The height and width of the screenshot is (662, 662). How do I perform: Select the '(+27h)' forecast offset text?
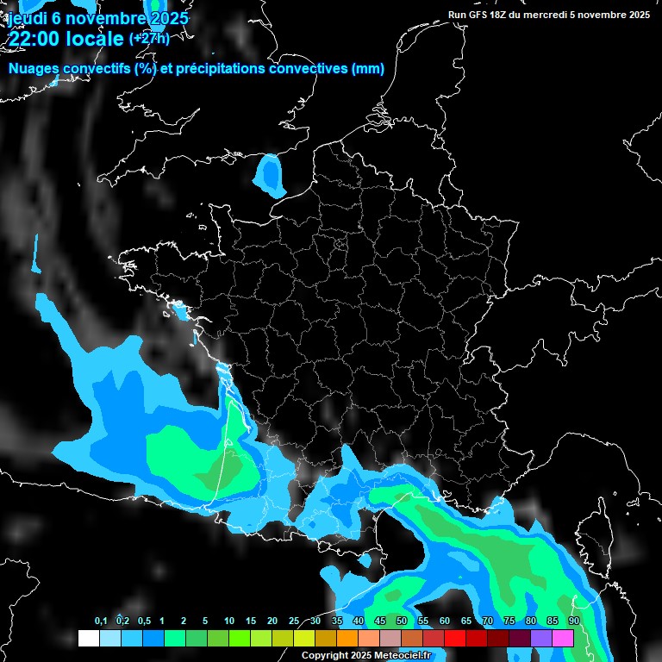149,38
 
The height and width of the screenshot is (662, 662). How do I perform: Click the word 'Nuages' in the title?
33,69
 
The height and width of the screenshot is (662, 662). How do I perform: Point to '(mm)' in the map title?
368,69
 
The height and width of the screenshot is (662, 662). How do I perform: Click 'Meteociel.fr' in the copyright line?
403,656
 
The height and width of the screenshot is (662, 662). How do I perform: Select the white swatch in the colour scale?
88,638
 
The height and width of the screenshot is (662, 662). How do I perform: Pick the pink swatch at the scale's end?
563,638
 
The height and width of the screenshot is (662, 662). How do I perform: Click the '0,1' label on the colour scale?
101,621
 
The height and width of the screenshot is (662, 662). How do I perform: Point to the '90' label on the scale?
573,621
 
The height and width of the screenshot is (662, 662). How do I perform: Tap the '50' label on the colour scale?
402,621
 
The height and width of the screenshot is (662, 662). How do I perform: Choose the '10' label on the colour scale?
229,621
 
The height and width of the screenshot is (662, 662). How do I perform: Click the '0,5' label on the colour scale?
143,621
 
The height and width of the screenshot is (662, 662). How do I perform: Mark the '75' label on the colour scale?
509,621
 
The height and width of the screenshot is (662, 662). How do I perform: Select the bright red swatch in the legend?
455,638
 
